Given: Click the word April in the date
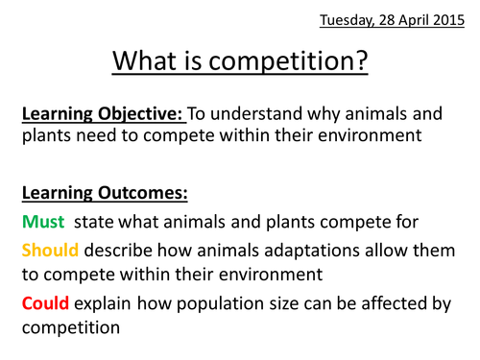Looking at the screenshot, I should [x=414, y=21].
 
